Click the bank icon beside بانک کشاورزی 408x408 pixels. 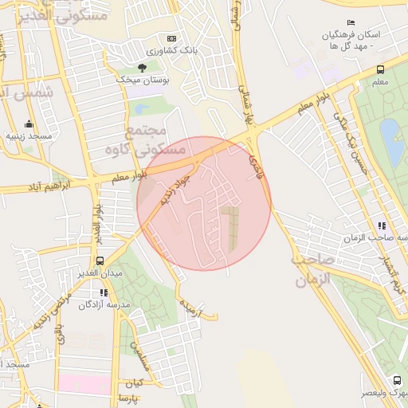click(x=171, y=38)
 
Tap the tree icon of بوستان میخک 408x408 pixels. click(x=143, y=68)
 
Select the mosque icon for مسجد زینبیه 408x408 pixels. click(x=29, y=124)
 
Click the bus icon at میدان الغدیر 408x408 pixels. click(x=100, y=261)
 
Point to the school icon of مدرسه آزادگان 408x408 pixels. click(x=103, y=292)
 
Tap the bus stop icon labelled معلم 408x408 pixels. click(x=380, y=69)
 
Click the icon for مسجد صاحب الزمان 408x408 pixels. click(x=381, y=226)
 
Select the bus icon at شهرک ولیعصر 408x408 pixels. click(x=397, y=380)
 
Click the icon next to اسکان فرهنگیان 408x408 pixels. click(x=351, y=23)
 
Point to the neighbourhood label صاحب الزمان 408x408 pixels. click(x=311, y=271)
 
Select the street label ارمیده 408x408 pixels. click(x=196, y=308)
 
